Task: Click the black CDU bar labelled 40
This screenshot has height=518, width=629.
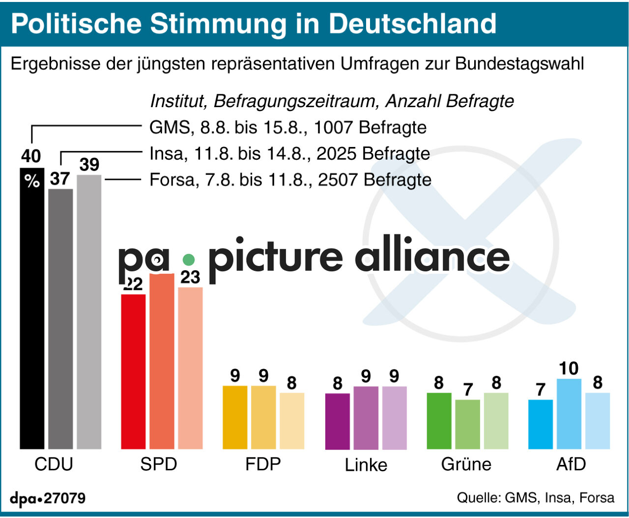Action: pyautogui.click(x=32, y=315)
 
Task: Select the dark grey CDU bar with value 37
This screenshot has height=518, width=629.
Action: pyautogui.click(x=60, y=319)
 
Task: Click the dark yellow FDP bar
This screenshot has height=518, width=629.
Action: pyautogui.click(x=235, y=417)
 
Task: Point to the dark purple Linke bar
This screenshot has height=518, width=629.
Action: pyautogui.click(x=338, y=421)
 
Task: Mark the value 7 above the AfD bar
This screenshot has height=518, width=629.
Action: pyautogui.click(x=541, y=389)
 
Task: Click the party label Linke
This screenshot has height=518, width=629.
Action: pyautogui.click(x=366, y=464)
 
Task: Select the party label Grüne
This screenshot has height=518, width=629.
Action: pyautogui.click(x=466, y=464)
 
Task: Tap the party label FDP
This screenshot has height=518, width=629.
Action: pyautogui.click(x=263, y=464)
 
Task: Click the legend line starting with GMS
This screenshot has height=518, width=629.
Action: pyautogui.click(x=287, y=128)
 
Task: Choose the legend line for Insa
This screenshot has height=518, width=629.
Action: pyautogui.click(x=289, y=154)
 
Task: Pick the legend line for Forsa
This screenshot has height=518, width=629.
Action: pyautogui.click(x=290, y=180)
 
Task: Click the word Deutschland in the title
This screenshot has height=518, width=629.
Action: pyautogui.click(x=412, y=24)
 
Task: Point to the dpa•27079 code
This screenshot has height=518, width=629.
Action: pyautogui.click(x=48, y=498)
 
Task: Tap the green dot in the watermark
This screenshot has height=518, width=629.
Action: pyautogui.click(x=188, y=260)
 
